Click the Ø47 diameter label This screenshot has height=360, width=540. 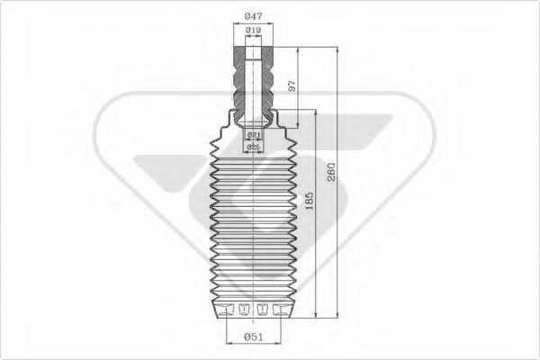point(254,15)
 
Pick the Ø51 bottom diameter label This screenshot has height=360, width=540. point(254,337)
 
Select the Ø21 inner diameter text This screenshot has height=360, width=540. point(254,135)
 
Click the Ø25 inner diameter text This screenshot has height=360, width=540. point(254,147)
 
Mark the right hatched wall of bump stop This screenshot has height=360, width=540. point(268,81)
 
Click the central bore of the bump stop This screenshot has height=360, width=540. point(254,81)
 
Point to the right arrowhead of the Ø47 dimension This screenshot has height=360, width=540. point(274,22)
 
